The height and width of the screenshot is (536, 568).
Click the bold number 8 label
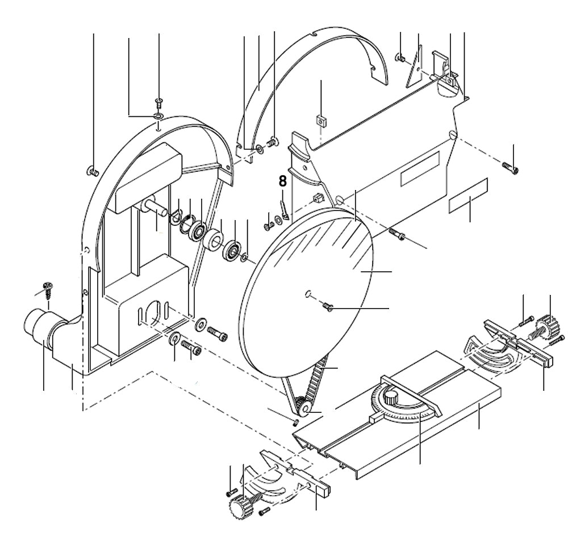tap(282, 182)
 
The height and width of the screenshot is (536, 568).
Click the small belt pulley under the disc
tap(301, 406)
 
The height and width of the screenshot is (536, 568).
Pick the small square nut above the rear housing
tap(321, 120)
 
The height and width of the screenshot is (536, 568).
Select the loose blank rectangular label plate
tap(469, 196)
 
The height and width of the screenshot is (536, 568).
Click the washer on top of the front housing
tap(157, 116)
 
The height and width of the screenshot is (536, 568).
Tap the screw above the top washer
tap(158, 102)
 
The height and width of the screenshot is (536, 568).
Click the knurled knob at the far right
tap(546, 326)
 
